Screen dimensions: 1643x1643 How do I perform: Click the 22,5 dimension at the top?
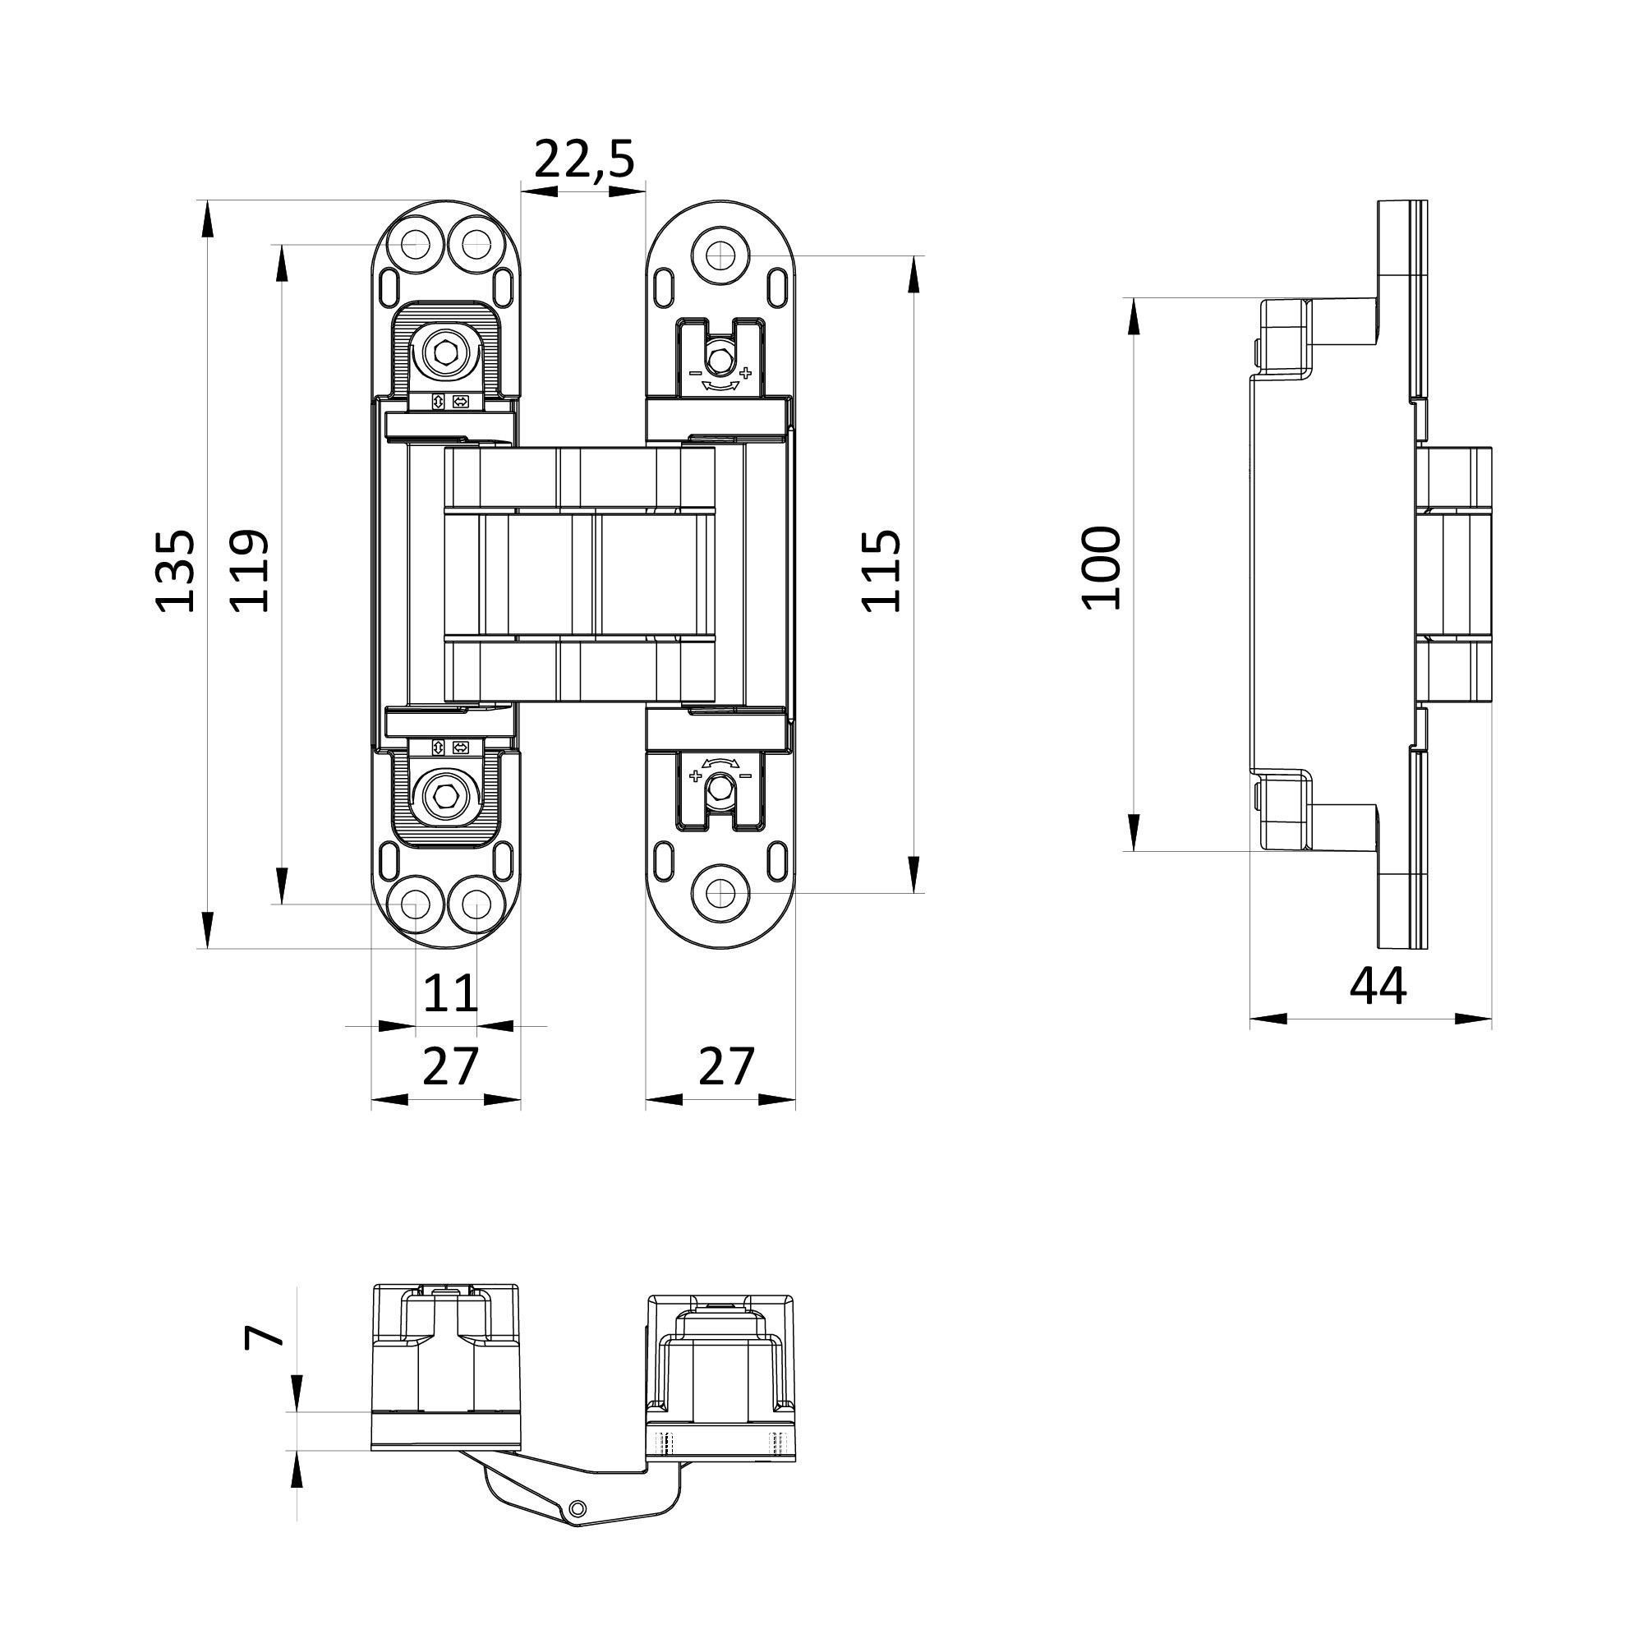(584, 159)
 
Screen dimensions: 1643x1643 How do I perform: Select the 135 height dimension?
(175, 571)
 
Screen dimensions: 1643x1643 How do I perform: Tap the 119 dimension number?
(250, 571)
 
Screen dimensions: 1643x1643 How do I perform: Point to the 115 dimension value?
(881, 571)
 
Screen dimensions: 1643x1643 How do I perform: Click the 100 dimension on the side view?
(1102, 568)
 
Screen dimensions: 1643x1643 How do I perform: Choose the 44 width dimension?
(1378, 987)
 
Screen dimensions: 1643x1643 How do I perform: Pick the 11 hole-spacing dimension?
(450, 992)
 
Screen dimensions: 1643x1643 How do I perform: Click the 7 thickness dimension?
(264, 1336)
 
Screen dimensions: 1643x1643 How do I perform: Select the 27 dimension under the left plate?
(450, 1066)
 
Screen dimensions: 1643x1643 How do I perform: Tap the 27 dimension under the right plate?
(725, 1066)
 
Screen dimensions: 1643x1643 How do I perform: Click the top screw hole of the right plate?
(721, 253)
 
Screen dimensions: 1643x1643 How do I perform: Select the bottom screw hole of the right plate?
(721, 893)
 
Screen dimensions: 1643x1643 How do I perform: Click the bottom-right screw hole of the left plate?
(476, 903)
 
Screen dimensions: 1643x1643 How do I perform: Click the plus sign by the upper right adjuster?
(746, 372)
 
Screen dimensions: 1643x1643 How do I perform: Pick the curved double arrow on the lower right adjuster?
(720, 762)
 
